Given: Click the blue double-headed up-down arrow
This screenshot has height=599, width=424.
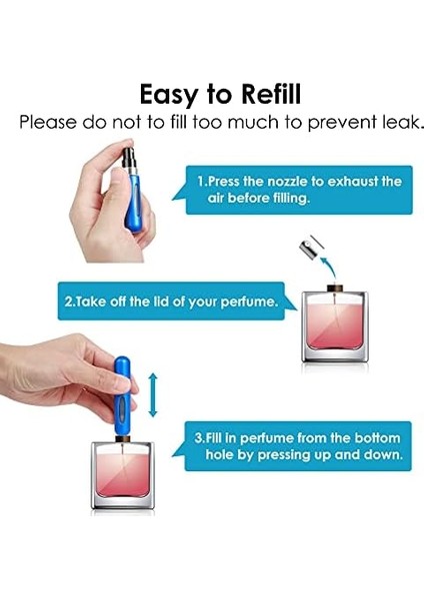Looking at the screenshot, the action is click(x=153, y=395).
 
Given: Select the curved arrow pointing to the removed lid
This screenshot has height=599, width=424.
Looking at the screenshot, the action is click(x=330, y=267).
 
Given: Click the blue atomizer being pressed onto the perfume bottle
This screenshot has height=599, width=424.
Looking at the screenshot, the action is click(x=122, y=397).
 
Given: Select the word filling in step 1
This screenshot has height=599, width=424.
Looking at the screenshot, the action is click(x=291, y=199).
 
